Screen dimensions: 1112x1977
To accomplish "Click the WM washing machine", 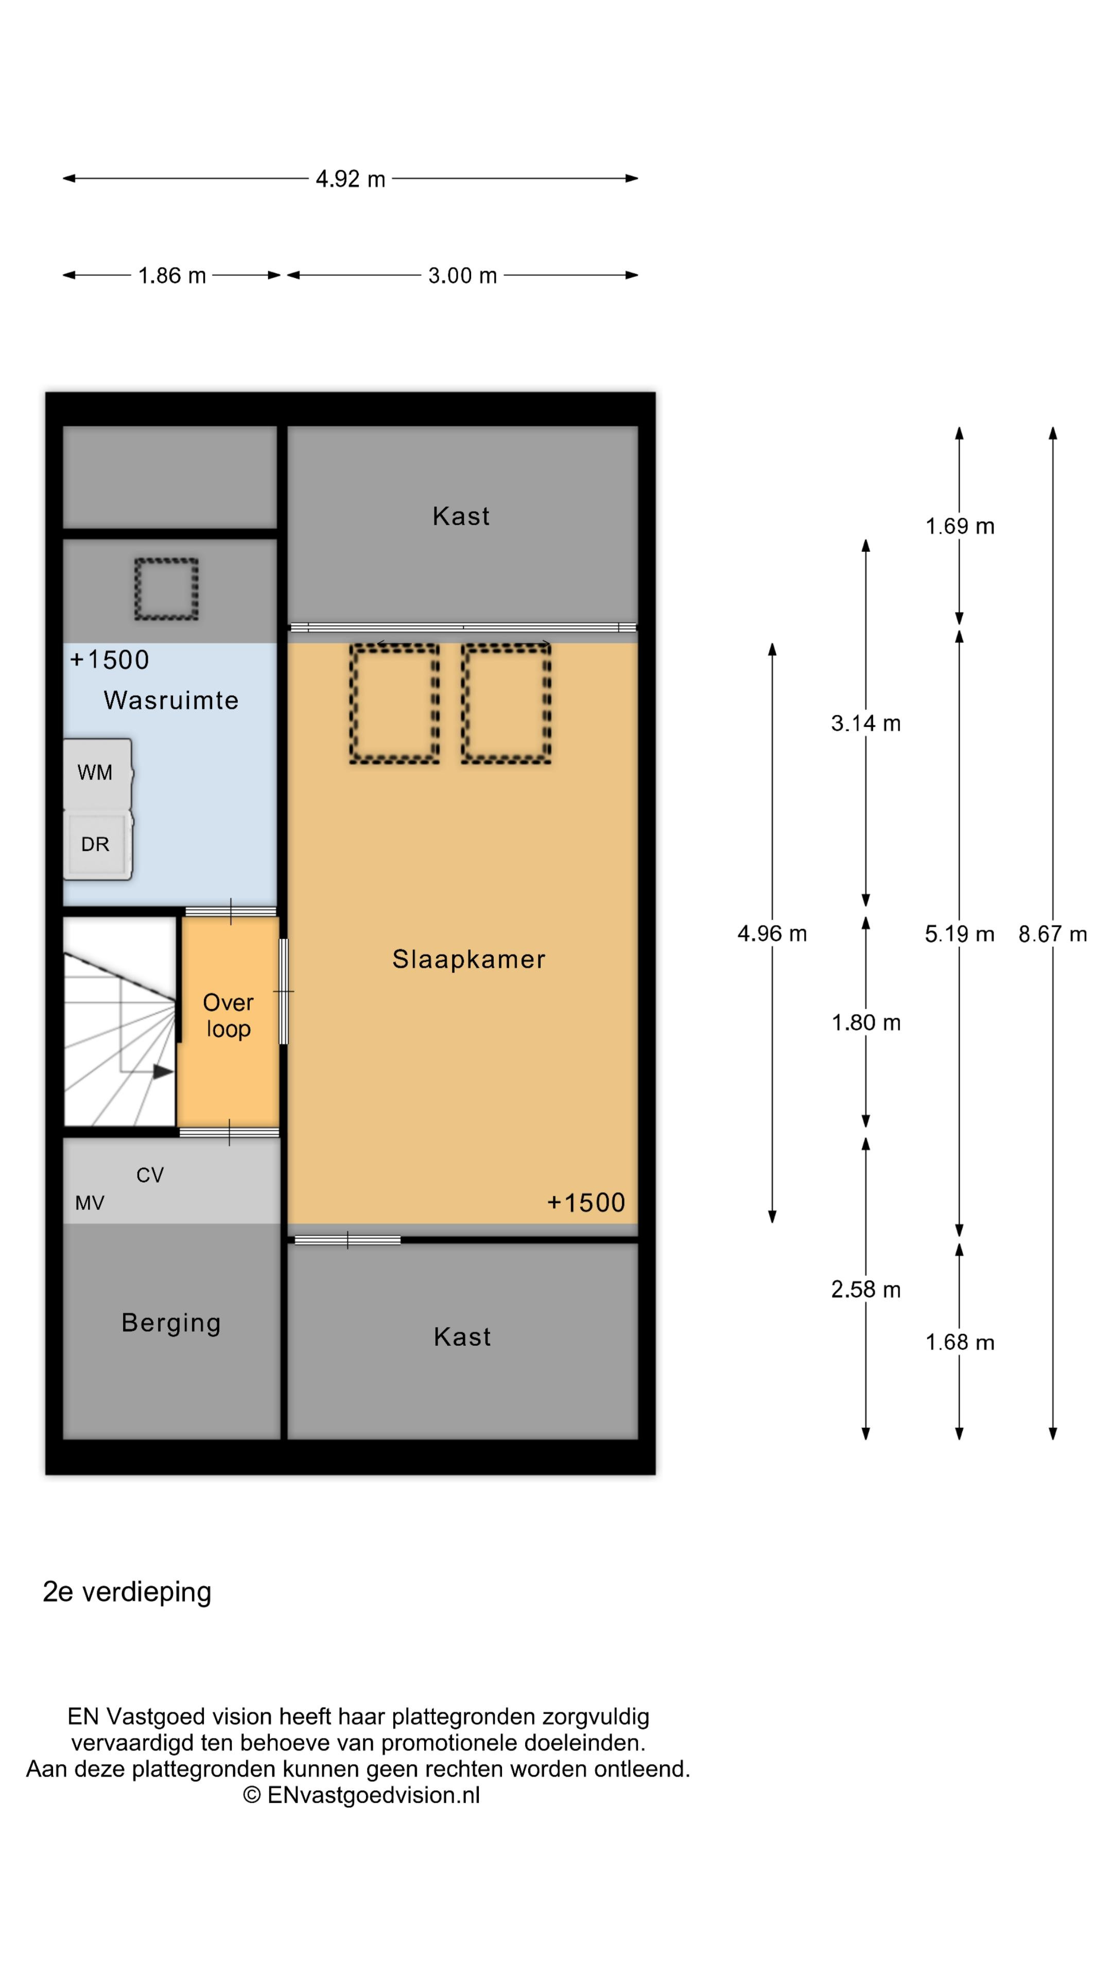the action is pyautogui.click(x=97, y=774).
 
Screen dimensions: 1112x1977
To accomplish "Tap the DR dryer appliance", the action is pyautogui.click(x=97, y=845).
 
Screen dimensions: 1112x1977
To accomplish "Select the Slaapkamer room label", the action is pyautogui.click(x=468, y=959).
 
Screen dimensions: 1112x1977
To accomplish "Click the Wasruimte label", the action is pyautogui.click(x=171, y=700).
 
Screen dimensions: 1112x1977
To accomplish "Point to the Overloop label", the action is pyautogui.click(x=228, y=1015).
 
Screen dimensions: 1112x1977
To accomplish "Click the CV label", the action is pyautogui.click(x=150, y=1175).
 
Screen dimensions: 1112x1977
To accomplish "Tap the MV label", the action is pyautogui.click(x=90, y=1203).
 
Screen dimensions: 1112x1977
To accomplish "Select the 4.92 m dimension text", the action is pyautogui.click(x=351, y=179).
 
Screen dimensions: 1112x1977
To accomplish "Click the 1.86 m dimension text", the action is pyautogui.click(x=172, y=275).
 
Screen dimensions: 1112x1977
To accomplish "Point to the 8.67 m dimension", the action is pyautogui.click(x=1052, y=934).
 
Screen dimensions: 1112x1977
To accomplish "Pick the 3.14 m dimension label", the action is pyautogui.click(x=865, y=723).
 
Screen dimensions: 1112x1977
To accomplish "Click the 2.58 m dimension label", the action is pyautogui.click(x=865, y=1289).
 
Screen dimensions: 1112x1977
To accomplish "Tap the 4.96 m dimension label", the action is pyautogui.click(x=772, y=933).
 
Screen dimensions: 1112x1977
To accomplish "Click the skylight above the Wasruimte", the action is pyautogui.click(x=166, y=589).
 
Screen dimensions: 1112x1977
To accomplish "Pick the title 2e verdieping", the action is pyautogui.click(x=127, y=1592).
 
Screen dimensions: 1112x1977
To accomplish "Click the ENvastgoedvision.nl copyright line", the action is pyautogui.click(x=361, y=1795).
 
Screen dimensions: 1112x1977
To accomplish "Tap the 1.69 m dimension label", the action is pyautogui.click(x=959, y=527).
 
